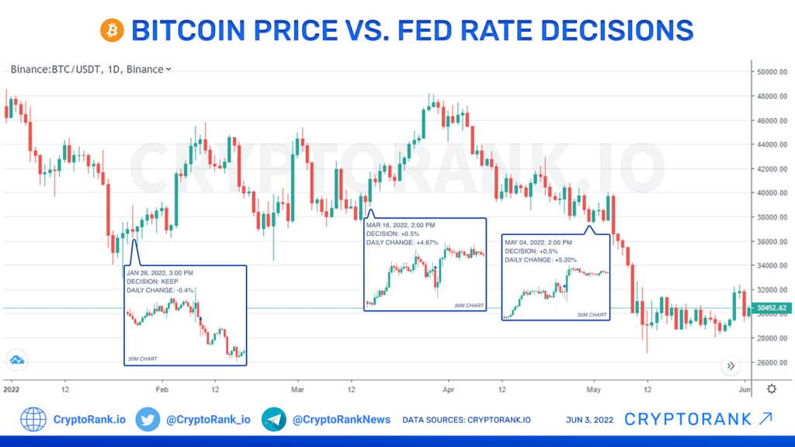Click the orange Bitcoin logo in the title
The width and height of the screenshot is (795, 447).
[112, 30]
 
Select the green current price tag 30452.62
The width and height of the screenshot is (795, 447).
[772, 308]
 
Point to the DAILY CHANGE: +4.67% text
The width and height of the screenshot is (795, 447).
[401, 242]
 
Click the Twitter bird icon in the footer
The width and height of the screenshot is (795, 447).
[147, 420]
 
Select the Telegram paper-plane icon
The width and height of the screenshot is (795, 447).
[274, 420]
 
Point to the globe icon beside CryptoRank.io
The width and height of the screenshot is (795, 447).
[33, 420]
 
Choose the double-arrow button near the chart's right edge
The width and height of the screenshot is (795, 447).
[730, 366]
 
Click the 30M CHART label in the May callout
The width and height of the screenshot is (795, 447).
[592, 314]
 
